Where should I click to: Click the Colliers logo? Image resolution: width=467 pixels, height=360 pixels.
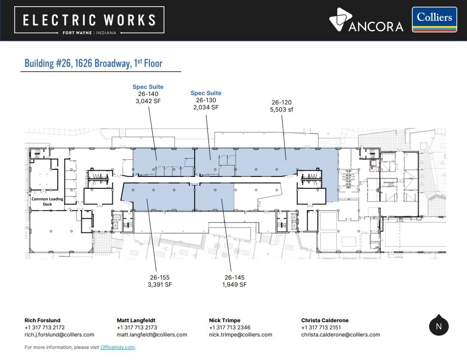click(434, 20)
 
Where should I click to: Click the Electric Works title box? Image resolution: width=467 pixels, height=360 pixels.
click(89, 20)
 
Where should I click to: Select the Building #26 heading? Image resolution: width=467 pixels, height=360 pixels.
click(93, 63)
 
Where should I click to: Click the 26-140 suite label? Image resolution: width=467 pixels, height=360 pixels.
click(148, 94)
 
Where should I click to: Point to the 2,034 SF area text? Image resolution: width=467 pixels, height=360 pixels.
click(206, 107)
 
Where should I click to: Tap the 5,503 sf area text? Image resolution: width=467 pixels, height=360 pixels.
click(281, 109)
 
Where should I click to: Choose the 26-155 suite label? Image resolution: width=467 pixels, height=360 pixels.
click(160, 277)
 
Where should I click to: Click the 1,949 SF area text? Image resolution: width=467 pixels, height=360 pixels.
click(235, 284)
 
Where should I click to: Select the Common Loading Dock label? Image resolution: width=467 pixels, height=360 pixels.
click(48, 201)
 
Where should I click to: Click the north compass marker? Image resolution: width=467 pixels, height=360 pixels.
click(439, 325)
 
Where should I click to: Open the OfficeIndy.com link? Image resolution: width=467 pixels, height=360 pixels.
click(117, 347)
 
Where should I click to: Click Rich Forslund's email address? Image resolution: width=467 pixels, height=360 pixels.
click(59, 335)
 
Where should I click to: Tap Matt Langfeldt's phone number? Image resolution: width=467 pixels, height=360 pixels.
click(137, 328)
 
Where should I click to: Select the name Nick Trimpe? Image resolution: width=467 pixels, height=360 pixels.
click(224, 320)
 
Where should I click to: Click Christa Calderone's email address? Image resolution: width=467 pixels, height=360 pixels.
click(340, 335)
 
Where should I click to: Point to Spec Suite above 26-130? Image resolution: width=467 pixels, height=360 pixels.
click(206, 93)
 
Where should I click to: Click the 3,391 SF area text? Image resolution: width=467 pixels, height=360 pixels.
click(160, 284)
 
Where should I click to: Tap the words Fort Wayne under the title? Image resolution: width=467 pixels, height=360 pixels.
click(77, 33)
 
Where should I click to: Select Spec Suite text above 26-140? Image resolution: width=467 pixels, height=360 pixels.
click(148, 87)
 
